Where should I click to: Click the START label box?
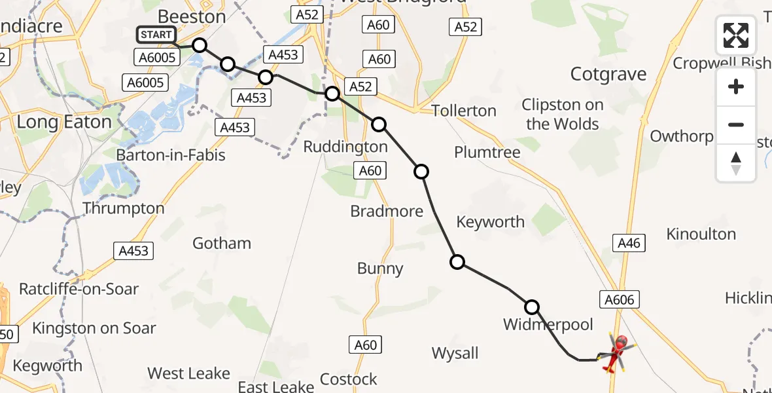click(156, 35)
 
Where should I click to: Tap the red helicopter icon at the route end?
click(617, 352)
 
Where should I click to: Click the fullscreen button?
click(736, 35)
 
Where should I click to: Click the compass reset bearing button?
click(736, 164)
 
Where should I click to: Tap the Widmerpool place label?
click(548, 324)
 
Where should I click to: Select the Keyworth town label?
click(491, 222)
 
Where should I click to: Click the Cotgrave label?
click(608, 75)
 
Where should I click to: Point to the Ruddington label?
click(345, 147)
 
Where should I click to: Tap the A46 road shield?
click(629, 244)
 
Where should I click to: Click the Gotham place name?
click(222, 244)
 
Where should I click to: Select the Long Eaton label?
click(64, 122)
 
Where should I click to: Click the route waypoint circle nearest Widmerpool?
click(532, 307)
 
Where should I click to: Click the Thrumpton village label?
click(124, 208)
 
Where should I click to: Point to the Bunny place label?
click(380, 269)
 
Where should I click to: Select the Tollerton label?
click(464, 111)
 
